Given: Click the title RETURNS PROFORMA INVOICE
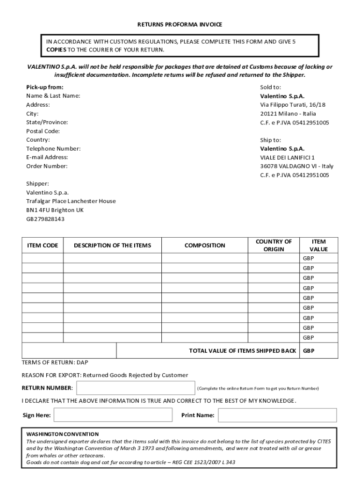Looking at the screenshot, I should pos(180,24).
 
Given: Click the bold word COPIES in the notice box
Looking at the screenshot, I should pos(56,50).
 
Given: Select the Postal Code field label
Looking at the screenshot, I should pos(43,131).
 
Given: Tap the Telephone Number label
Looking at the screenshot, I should pos(53,149).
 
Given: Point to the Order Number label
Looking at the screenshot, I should pos(47,166).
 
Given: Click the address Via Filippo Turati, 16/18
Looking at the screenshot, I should pos(293,105).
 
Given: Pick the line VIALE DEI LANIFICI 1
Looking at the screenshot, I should pos(288,158).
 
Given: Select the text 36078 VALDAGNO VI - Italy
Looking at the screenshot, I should pos(297,166).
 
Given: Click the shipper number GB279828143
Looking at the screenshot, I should pos(45,219).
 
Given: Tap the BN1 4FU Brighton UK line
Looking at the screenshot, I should pos(55,210).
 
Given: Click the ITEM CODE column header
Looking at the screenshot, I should pos(43,246).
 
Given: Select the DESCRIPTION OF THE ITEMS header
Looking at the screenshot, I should pos(112,246).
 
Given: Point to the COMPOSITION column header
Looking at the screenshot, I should pos(205,246).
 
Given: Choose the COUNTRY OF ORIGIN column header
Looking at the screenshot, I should pos(274,246).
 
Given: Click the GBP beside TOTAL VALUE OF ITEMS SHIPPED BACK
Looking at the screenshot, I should pos(309,351).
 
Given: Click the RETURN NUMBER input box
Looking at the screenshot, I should pos(136,388).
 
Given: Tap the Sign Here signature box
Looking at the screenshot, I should pos(113,415).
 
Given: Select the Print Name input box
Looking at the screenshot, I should pos(277,415).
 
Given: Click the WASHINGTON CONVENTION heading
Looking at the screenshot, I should pos(63,434).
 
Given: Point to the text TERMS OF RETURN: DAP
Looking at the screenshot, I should pos(55,363).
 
